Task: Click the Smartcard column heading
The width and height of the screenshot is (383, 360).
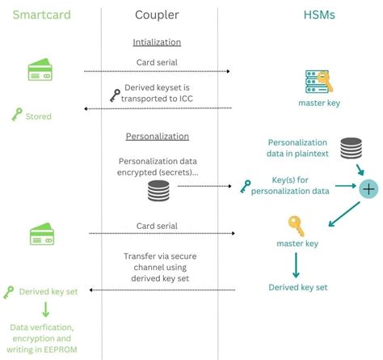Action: (x=40, y=14)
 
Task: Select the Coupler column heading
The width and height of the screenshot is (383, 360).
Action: (x=158, y=14)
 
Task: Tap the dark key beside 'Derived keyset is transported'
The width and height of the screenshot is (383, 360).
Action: (x=115, y=95)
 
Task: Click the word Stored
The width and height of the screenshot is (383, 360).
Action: (x=39, y=116)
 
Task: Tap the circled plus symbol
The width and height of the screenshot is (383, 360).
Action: (x=368, y=188)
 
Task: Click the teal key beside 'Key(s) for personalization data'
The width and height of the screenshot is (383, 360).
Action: (x=246, y=187)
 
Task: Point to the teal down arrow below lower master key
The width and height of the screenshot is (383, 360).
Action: (x=297, y=264)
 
